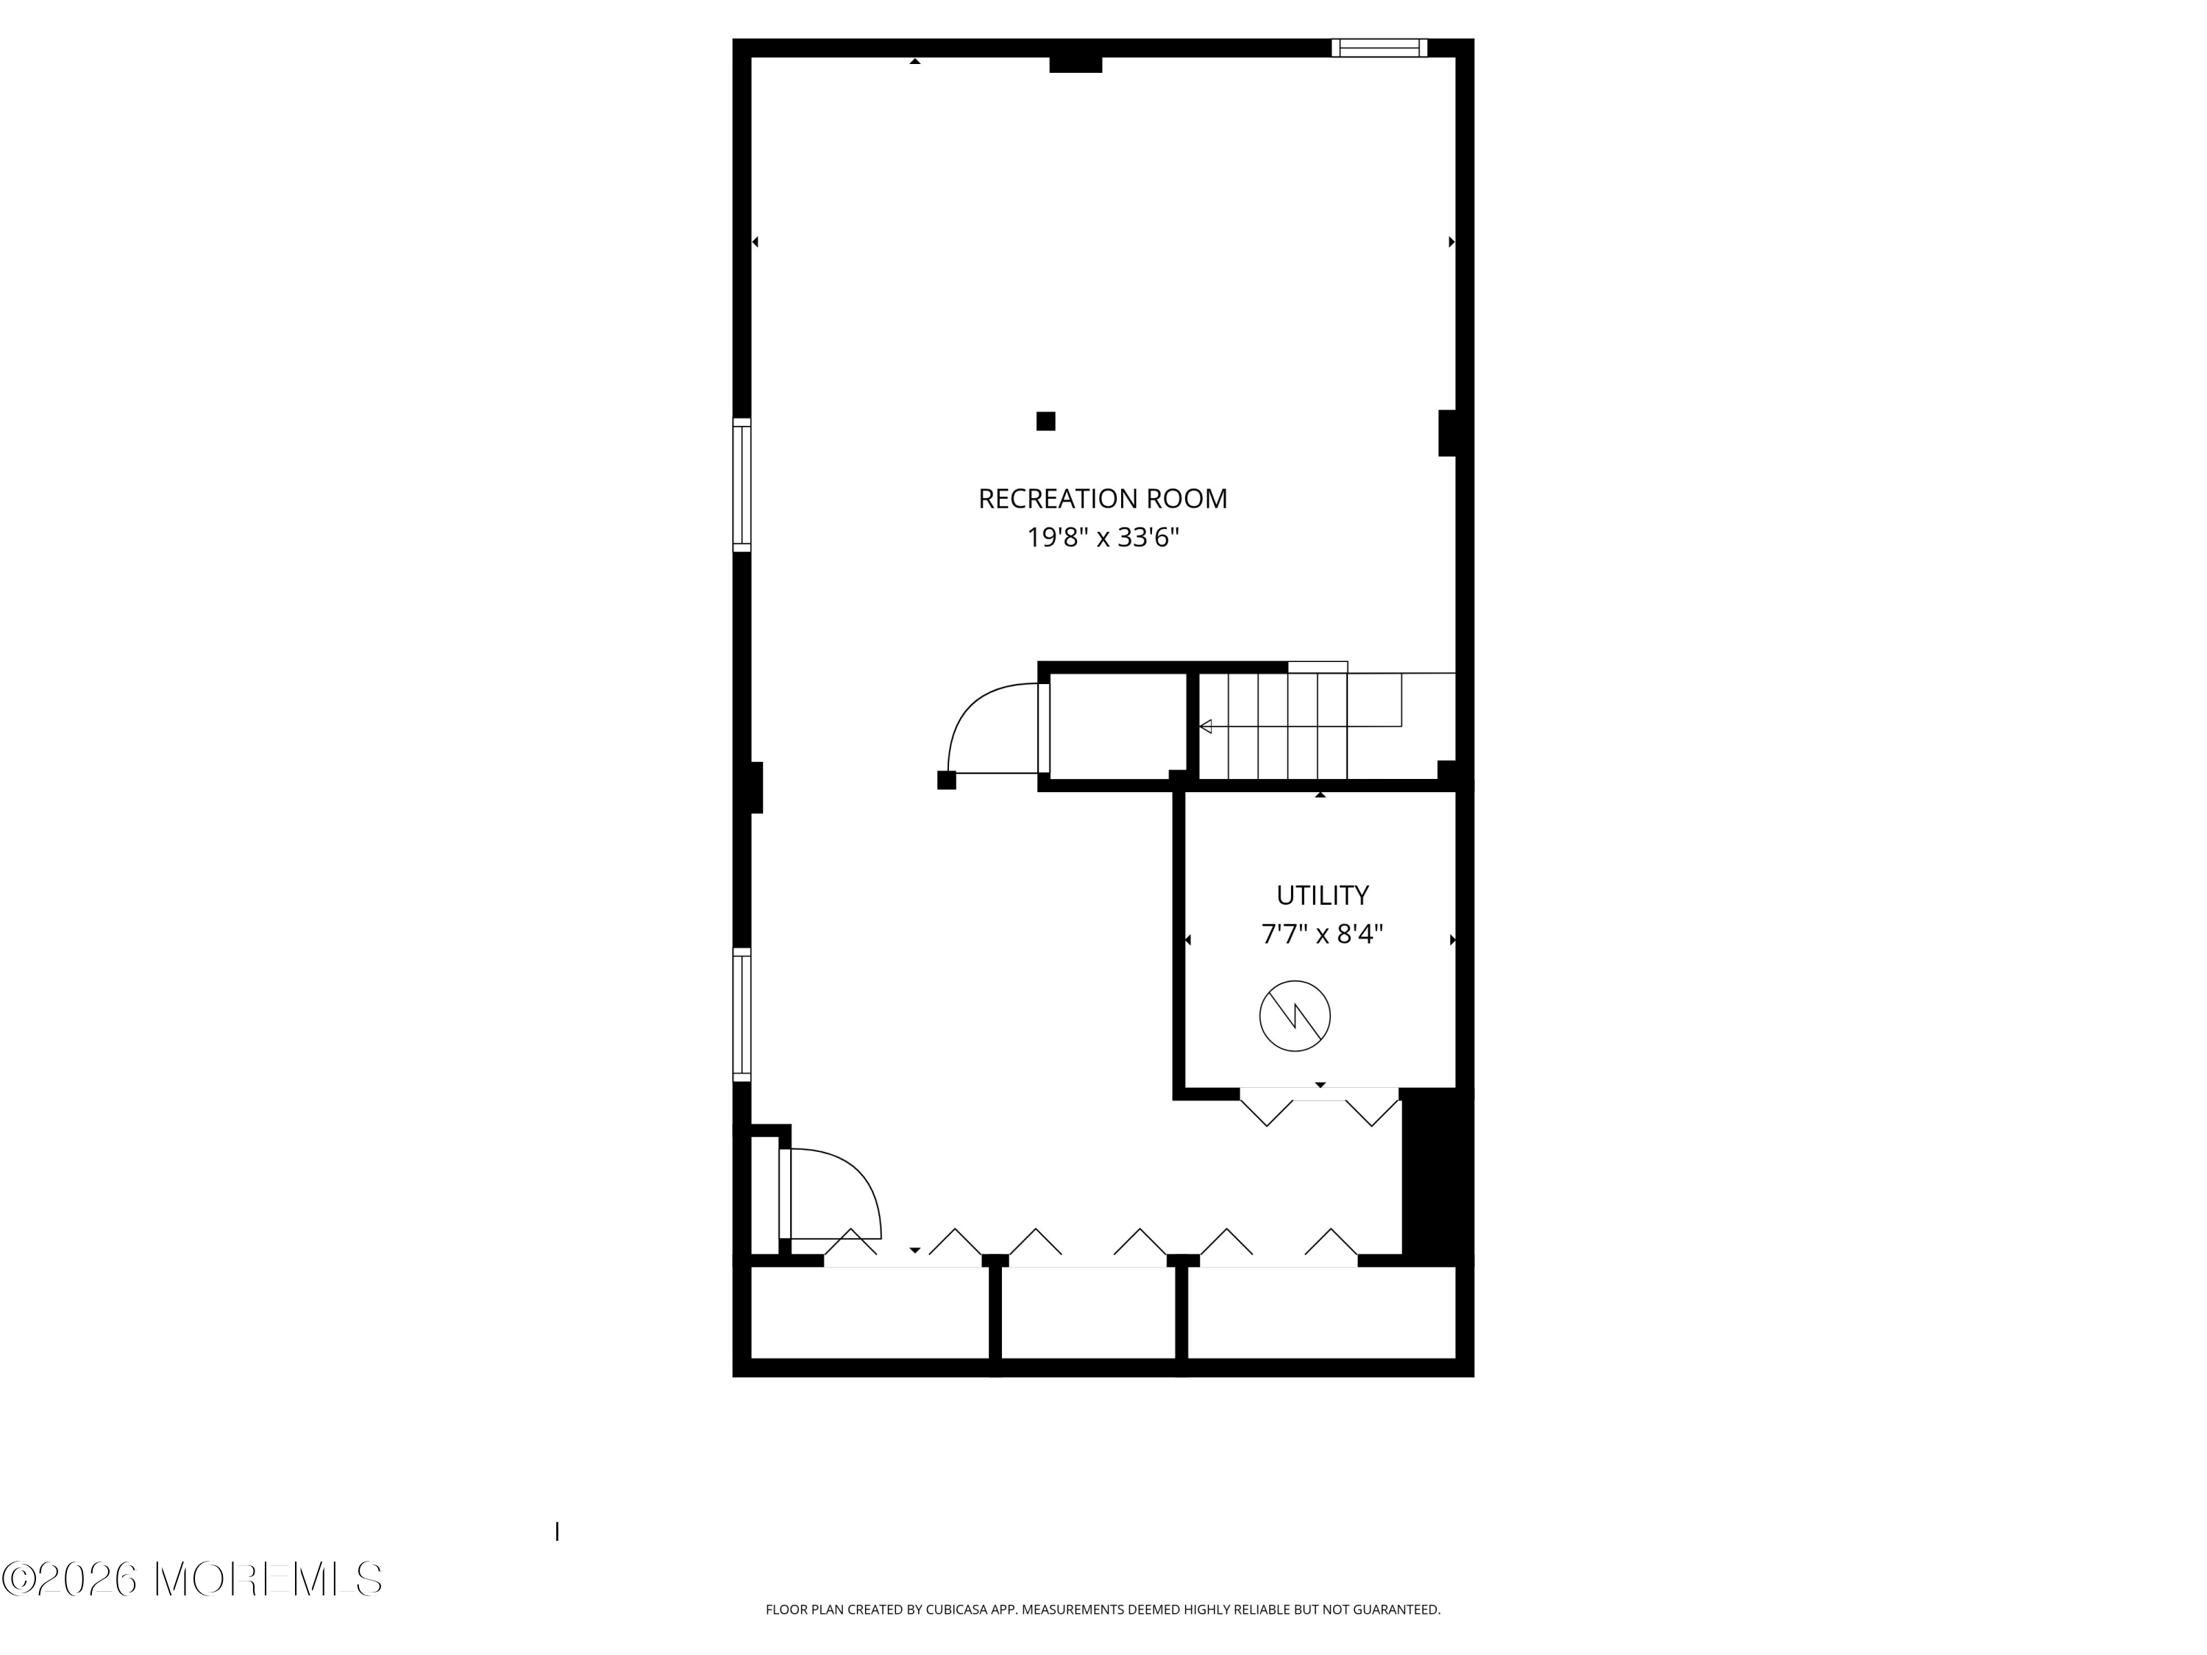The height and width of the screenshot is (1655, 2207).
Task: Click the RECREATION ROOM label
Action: tap(1103, 499)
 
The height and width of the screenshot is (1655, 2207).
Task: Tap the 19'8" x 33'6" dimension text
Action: tap(1103, 538)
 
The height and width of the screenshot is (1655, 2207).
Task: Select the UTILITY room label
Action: tap(1322, 895)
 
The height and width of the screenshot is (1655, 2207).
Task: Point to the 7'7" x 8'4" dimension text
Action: tap(1322, 935)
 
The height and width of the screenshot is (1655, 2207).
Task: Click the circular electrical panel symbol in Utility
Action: tap(1295, 1016)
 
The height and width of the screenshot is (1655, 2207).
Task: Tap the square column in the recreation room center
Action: tap(1045, 421)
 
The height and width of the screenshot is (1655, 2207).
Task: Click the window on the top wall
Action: tap(1379, 48)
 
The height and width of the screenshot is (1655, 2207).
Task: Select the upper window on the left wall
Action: tap(742, 485)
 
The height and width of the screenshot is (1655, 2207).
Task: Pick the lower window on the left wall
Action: tap(742, 1014)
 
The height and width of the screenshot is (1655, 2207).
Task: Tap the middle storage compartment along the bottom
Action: tap(1089, 1313)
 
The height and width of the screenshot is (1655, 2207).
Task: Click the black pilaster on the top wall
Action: tap(1076, 65)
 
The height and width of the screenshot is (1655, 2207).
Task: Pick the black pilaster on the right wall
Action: tap(1447, 433)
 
